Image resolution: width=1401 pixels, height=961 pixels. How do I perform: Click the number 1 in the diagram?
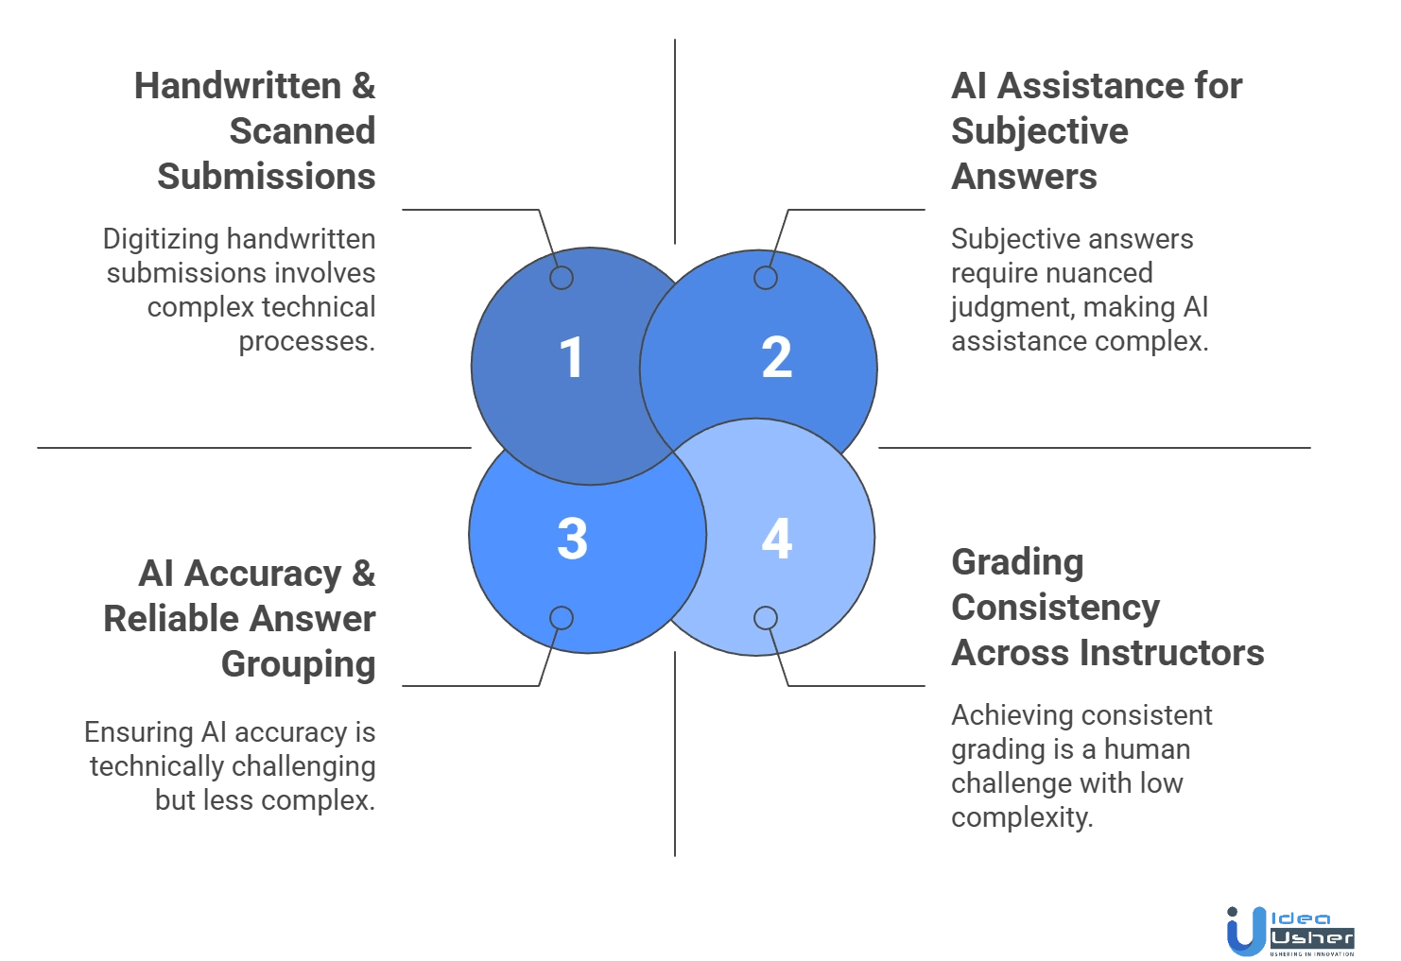coord(570,359)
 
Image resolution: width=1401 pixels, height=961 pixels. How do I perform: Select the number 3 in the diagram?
coord(572,540)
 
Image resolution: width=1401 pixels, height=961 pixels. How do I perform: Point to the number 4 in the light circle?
coord(776,539)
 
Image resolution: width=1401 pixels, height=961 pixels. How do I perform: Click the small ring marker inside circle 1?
coord(562,278)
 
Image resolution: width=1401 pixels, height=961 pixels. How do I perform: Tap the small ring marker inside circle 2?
coord(765,278)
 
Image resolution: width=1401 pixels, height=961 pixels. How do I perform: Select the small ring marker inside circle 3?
coord(562,618)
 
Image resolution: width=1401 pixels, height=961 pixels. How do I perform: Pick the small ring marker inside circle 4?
coord(765,618)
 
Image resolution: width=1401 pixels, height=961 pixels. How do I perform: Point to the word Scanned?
coord(303,130)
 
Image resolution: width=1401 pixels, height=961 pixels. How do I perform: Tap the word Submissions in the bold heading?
coord(266,176)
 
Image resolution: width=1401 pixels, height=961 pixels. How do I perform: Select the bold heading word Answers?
coord(1023,176)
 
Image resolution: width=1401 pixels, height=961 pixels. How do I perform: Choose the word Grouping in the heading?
coord(299,665)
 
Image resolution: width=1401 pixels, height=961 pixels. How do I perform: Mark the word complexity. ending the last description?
coord(1020,817)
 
